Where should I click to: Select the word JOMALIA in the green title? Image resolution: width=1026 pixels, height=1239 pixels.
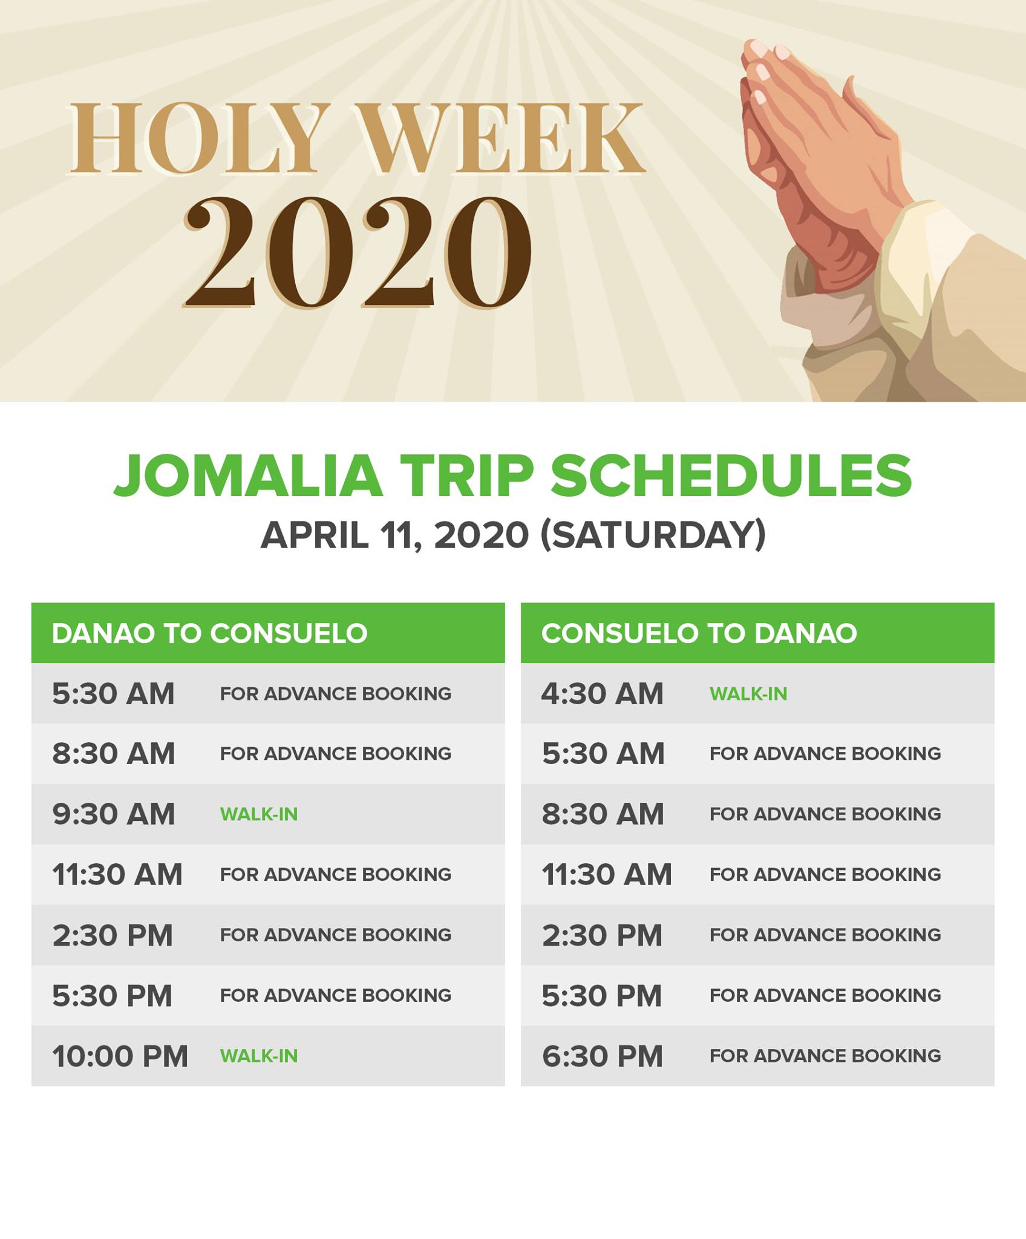point(249,477)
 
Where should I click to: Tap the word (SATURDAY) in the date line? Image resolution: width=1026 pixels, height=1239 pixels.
point(653,535)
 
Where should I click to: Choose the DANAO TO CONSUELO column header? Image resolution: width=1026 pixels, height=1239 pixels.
point(210,633)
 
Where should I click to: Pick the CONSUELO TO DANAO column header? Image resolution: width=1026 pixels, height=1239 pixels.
point(699,633)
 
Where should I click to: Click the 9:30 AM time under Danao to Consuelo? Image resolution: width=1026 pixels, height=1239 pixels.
point(114,814)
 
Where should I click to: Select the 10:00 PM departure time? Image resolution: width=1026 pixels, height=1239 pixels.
point(120,1056)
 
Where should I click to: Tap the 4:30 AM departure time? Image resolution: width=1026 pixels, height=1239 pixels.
point(603,694)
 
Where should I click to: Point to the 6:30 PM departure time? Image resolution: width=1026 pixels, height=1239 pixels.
point(603,1056)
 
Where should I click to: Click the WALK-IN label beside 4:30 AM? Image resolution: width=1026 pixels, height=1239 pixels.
point(748,694)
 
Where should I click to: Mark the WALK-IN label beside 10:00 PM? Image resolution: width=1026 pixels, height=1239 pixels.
point(259,1056)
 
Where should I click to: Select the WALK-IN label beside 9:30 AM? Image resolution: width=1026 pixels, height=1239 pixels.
point(259,814)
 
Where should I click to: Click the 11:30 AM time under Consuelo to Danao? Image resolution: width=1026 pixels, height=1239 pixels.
point(607,875)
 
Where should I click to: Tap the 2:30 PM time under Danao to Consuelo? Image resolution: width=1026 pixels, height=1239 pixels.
point(113,935)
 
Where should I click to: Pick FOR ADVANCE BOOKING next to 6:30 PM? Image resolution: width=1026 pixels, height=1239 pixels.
point(825,1056)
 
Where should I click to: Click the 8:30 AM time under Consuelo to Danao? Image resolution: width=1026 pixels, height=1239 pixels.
point(603,814)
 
